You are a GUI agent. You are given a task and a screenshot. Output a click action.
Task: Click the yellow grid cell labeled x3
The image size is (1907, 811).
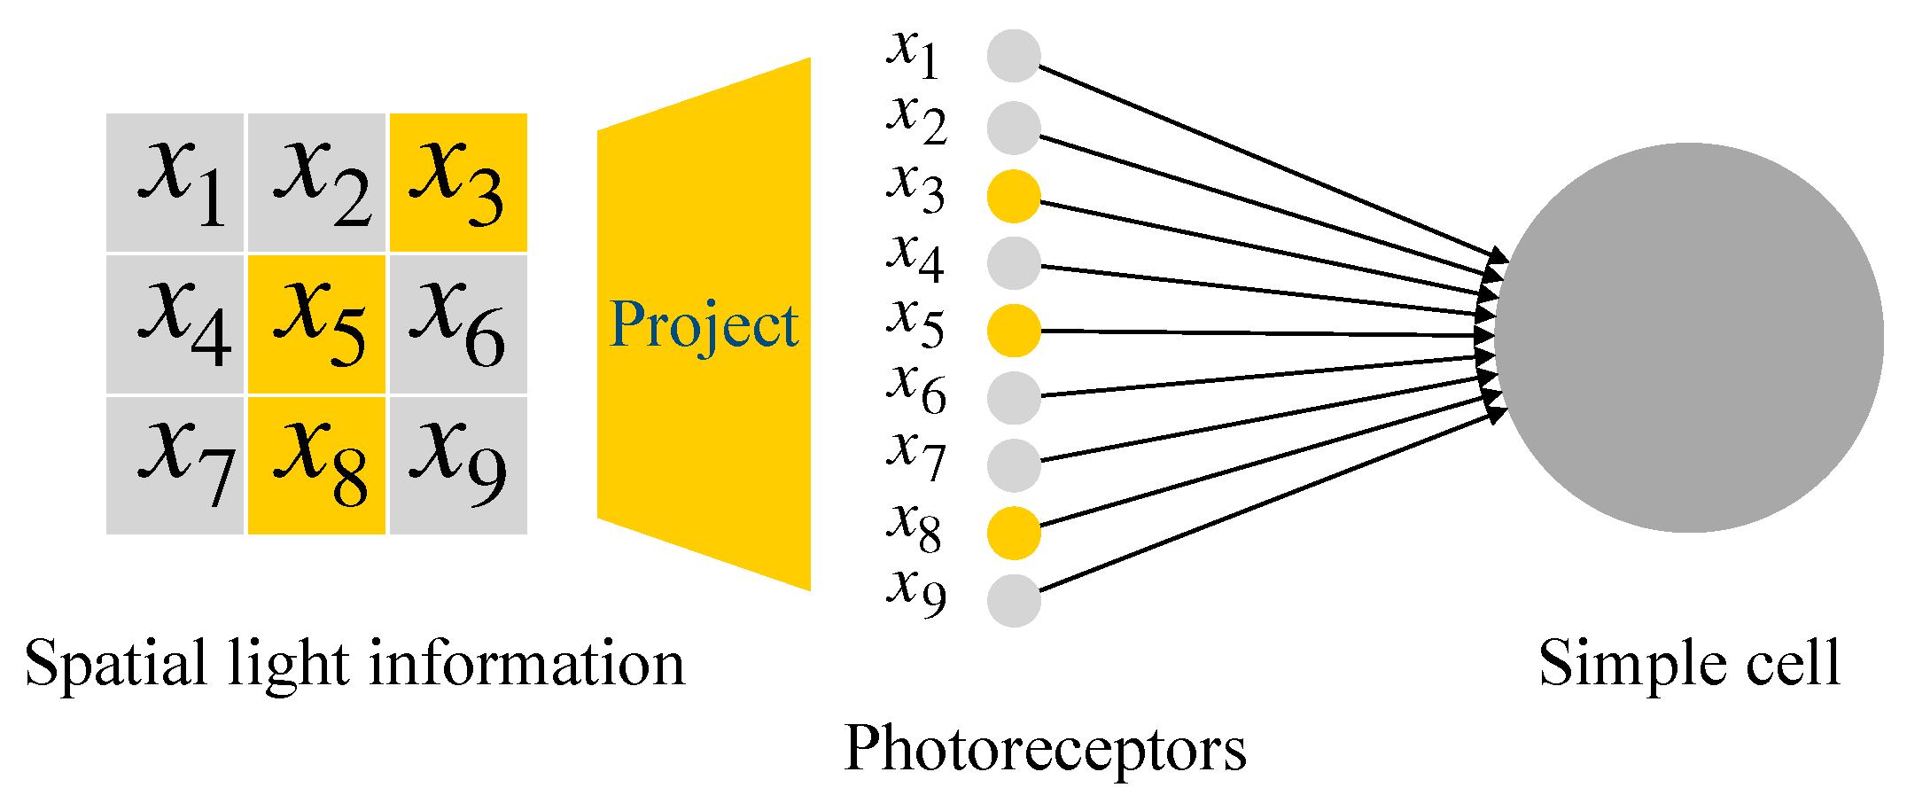coord(458,183)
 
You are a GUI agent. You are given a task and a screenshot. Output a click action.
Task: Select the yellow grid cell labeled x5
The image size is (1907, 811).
coord(316,324)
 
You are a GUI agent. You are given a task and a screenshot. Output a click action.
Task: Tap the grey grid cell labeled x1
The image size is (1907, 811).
coord(175,183)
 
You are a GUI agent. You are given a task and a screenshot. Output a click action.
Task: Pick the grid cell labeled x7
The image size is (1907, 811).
coord(175,465)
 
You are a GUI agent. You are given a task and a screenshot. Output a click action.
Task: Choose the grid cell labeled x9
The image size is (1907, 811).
coord(458,465)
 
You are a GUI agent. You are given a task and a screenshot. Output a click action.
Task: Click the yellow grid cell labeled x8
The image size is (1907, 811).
coord(316,465)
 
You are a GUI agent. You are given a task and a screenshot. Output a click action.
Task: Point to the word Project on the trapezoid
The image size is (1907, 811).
coord(704,325)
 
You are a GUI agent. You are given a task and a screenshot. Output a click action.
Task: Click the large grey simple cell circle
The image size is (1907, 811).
coord(1689,338)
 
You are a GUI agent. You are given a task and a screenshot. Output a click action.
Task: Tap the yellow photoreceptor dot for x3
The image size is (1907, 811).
coord(1014,196)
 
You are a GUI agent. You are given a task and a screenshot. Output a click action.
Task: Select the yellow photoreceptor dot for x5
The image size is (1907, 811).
coord(1014,331)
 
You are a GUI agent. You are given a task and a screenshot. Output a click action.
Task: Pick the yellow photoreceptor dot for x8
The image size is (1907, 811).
coord(1014,533)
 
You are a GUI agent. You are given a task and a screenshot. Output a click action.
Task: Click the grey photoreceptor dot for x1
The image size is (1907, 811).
coord(1014,56)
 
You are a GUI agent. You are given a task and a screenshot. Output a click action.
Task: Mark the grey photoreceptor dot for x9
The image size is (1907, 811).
coord(1014,600)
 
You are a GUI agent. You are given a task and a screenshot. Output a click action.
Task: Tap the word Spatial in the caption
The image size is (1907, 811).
coord(115,664)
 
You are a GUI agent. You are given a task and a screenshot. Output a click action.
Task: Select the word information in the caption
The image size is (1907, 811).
coord(527,664)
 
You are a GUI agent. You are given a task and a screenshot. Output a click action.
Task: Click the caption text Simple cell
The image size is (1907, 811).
coord(1689,664)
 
